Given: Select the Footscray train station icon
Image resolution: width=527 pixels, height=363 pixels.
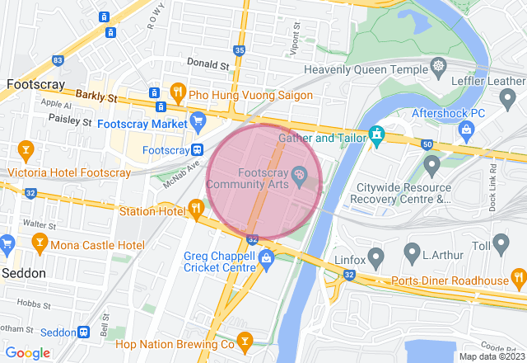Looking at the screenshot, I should [x=198, y=150].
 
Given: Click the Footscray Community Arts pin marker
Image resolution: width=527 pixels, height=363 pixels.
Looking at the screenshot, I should [x=299, y=173].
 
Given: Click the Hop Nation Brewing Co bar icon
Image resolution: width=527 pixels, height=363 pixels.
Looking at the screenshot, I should [x=245, y=340].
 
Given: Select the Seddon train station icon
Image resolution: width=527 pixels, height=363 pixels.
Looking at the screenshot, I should [x=84, y=332].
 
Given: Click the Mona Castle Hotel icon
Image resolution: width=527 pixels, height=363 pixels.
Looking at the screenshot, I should [x=38, y=244].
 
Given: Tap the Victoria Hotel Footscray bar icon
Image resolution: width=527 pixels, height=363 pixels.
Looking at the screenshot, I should [x=26, y=150].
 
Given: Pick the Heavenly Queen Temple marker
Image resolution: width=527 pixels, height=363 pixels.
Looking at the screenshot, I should [x=438, y=65].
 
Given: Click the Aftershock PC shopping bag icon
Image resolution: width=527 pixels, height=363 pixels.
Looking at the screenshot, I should [x=466, y=129].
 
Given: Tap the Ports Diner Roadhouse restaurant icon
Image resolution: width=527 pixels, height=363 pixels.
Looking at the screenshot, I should [x=518, y=276].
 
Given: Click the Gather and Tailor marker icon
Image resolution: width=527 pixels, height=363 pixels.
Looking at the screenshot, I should [x=376, y=133].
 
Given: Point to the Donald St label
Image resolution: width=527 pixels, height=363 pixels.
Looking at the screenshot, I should [x=207, y=64].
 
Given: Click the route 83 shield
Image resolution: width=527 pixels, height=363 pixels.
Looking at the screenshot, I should [x=57, y=60].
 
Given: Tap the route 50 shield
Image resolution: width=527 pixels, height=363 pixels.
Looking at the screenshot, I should [x=427, y=145].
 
